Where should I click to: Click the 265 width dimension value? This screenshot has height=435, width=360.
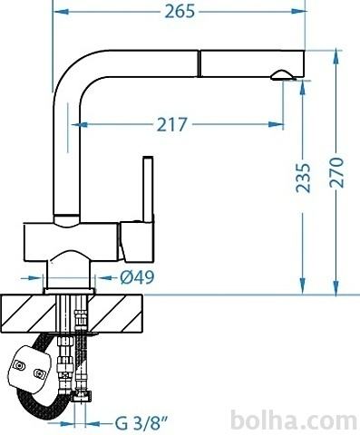pyautogui.click(x=180, y=12)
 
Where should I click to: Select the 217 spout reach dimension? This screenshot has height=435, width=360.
pyautogui.click(x=172, y=124)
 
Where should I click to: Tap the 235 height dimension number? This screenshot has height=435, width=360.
pyautogui.click(x=303, y=178)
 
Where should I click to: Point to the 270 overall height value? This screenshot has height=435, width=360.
pyautogui.click(x=336, y=172)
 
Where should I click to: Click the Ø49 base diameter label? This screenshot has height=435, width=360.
pyautogui.click(x=137, y=277)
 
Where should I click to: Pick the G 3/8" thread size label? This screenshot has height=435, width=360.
pyautogui.click(x=141, y=423)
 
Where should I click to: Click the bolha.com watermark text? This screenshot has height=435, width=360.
pyautogui.click(x=294, y=420)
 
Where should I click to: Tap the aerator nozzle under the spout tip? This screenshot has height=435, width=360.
pyautogui.click(x=283, y=75)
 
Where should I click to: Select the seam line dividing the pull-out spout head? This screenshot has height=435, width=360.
pyautogui.click(x=199, y=63)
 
